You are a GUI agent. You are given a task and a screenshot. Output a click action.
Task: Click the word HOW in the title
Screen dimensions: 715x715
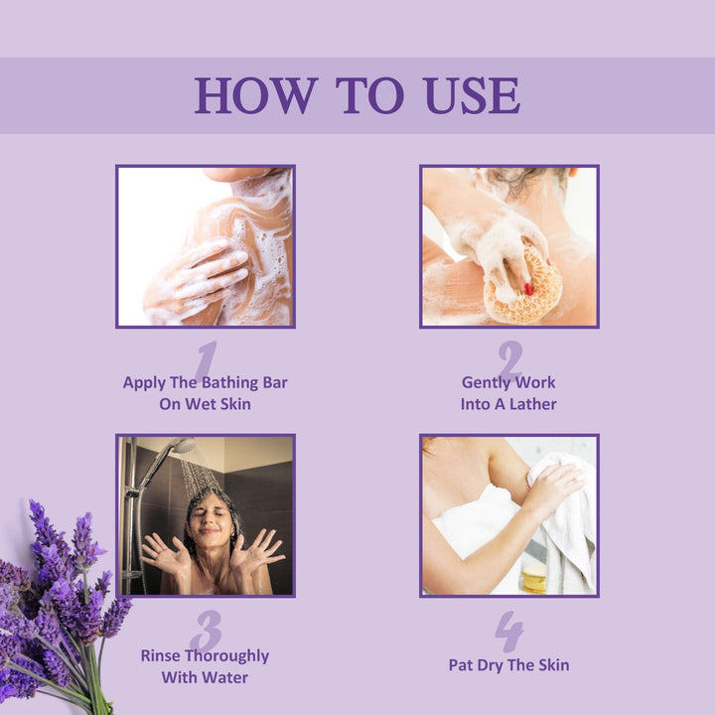coord(256,95)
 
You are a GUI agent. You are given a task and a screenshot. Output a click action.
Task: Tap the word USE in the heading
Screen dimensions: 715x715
coord(472,95)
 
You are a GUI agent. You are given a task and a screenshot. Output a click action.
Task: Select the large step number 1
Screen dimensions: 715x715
coord(207,361)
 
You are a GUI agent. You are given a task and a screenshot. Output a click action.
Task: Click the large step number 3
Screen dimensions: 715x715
coord(207,631)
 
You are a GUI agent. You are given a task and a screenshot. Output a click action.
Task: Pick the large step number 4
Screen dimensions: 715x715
coord(509,632)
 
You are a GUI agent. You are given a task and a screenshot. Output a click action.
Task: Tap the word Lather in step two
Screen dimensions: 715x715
coord(533,404)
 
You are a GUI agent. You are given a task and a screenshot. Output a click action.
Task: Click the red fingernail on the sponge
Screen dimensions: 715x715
coord(528,289)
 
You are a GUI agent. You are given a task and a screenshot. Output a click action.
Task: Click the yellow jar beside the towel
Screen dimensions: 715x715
coord(533,579)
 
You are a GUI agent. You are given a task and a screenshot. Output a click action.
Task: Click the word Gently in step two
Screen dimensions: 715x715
coord(485,383)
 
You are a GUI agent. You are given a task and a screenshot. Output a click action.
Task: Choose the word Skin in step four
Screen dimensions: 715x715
coord(553,664)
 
